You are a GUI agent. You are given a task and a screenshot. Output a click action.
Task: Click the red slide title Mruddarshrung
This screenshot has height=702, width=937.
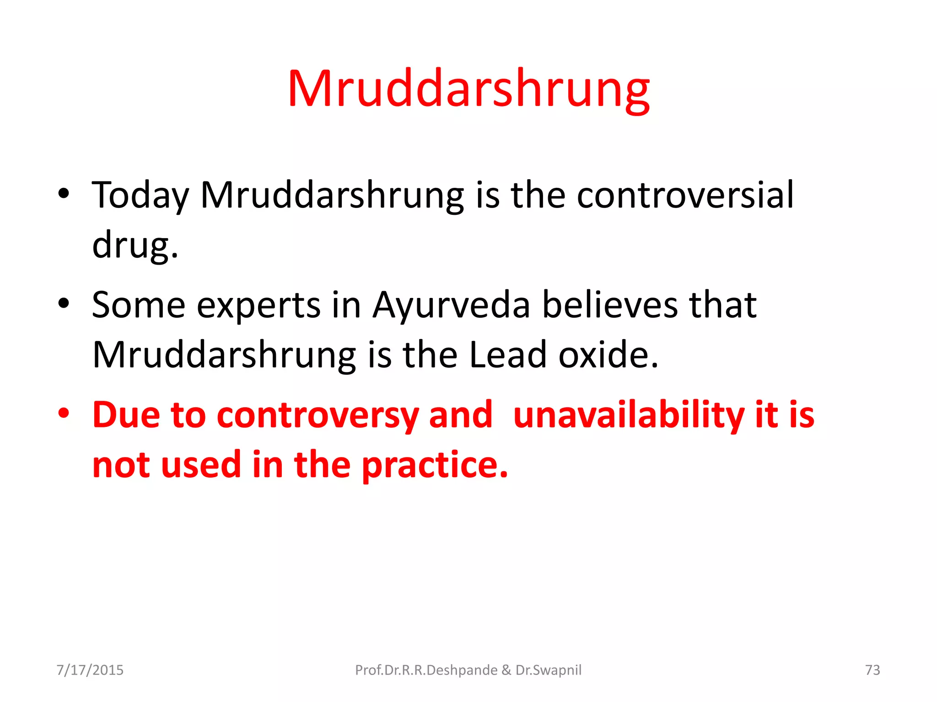tap(468, 89)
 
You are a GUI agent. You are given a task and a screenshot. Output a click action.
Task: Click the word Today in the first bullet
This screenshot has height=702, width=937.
tap(140, 196)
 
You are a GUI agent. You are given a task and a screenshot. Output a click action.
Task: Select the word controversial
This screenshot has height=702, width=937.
tap(685, 195)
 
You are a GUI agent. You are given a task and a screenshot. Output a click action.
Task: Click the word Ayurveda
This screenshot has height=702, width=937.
tap(451, 305)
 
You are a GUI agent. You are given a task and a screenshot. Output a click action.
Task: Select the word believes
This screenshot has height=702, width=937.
tap(609, 305)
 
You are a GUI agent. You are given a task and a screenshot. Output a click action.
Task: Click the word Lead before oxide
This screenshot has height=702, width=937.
tap(508, 355)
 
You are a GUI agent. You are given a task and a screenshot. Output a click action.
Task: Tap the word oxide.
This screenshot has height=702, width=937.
tap(609, 355)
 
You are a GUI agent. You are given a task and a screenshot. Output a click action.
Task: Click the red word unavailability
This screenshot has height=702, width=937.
tap(628, 415)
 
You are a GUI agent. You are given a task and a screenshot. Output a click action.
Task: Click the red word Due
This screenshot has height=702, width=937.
tap(126, 415)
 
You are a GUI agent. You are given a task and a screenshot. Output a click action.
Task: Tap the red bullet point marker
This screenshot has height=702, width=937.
tap(64, 413)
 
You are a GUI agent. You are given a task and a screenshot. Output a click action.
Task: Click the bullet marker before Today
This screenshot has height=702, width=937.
tap(64, 193)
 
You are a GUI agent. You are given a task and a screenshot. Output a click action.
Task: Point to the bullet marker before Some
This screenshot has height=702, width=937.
tap(64, 303)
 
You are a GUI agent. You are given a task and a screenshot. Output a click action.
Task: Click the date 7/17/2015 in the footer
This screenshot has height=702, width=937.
tap(90, 670)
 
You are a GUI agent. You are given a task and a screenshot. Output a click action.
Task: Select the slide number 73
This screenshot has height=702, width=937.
tap(872, 670)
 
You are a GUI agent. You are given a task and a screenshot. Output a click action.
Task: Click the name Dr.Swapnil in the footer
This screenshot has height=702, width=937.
tap(549, 670)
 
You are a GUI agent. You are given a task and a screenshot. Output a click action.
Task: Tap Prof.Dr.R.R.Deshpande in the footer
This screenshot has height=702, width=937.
tap(426, 670)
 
